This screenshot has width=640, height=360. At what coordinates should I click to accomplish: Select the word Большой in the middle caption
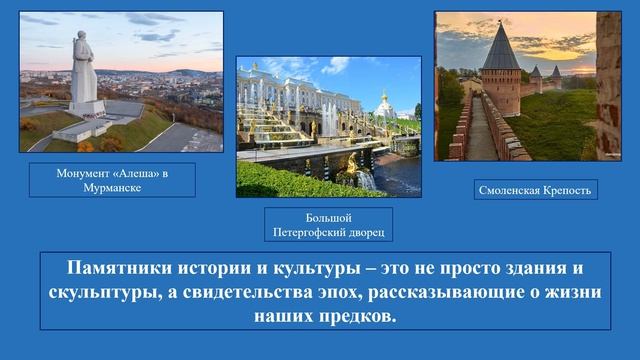(328, 218)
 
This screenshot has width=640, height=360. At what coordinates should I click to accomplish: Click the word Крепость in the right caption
(569, 188)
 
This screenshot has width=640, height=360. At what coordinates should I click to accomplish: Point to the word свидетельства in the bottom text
(266, 294)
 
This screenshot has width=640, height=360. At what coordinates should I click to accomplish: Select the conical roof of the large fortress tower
(498, 44)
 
